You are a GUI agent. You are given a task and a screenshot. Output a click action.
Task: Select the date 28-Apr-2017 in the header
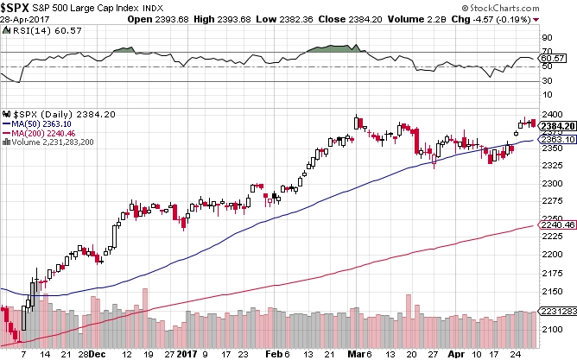point(24,18)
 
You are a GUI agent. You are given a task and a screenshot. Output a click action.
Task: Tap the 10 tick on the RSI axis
point(546,97)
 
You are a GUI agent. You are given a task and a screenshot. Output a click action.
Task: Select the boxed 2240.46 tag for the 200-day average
point(554,225)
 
